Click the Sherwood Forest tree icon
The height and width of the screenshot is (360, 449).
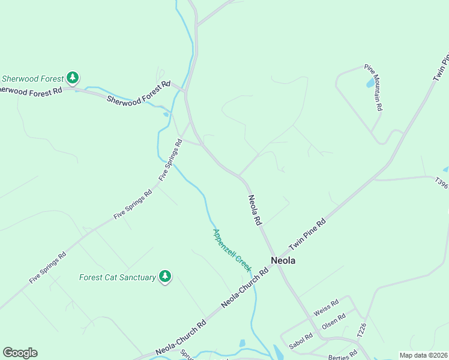click(73, 77)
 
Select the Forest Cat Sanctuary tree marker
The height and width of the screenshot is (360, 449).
click(165, 277)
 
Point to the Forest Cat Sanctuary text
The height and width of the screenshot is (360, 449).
click(118, 277)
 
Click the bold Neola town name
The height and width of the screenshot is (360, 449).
click(283, 261)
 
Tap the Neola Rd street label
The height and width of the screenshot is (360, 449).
click(255, 210)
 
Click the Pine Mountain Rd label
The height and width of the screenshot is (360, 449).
click(375, 88)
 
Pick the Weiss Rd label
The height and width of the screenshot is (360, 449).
click(327, 307)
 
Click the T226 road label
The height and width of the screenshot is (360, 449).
click(361, 329)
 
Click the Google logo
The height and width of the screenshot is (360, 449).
click(20, 353)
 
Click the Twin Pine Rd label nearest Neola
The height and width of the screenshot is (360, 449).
click(307, 235)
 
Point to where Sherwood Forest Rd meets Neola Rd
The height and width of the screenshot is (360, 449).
click(185, 92)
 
